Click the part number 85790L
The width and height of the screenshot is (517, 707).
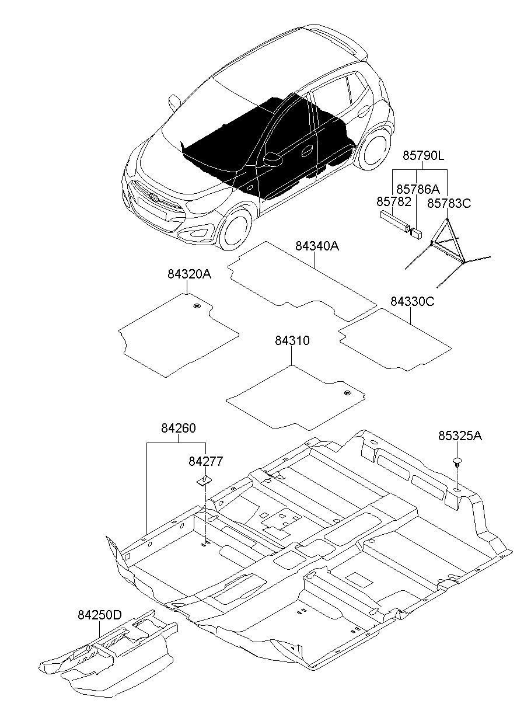[424, 156]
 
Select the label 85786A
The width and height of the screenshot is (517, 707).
[418, 189]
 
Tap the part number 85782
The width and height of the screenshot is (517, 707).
[394, 201]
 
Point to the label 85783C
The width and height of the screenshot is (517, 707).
[449, 204]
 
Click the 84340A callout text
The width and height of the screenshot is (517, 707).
[317, 246]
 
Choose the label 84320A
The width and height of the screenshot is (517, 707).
[189, 274]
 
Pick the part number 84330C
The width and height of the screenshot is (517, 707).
[413, 301]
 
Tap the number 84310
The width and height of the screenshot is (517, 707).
[292, 340]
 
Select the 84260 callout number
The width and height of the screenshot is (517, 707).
[179, 428]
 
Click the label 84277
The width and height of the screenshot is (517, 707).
[205, 461]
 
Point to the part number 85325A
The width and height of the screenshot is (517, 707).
[460, 436]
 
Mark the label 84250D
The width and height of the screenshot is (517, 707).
[100, 613]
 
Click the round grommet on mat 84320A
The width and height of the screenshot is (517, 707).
[197, 305]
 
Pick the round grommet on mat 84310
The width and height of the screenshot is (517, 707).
[347, 393]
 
